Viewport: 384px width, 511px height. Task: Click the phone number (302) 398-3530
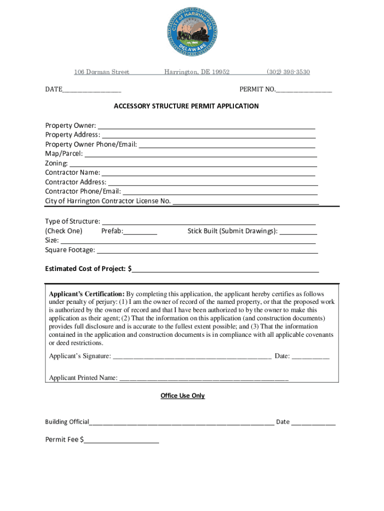tap(288, 72)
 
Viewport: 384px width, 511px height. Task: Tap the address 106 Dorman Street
tap(102, 72)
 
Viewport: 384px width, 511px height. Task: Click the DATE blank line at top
tap(92, 90)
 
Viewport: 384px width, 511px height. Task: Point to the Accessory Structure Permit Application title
tap(186, 106)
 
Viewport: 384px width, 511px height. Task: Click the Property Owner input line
tap(206, 126)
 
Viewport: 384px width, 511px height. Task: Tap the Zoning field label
tap(56, 164)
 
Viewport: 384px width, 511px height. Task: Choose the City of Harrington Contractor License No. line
tap(245, 202)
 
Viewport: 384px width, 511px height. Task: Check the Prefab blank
tap(141, 232)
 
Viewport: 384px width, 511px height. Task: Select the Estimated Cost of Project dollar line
tap(225, 269)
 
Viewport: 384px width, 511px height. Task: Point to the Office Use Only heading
tap(183, 396)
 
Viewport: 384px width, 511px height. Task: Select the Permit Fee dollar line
tap(121, 441)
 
